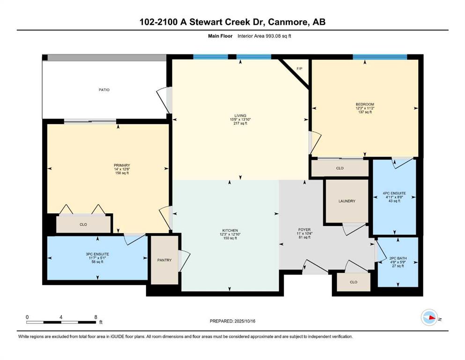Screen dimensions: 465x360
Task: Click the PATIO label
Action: coord(104,90)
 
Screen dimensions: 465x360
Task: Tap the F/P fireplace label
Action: coord(300,69)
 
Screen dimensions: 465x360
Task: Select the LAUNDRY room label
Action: coord(347,201)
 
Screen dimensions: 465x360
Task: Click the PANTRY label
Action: coord(164,260)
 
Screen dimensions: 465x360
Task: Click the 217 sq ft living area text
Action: coord(240,123)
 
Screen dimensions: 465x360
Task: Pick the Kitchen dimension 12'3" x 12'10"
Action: coord(230,234)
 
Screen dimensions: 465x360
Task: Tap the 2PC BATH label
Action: coord(398,258)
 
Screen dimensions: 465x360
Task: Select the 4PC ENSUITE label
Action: coord(394,193)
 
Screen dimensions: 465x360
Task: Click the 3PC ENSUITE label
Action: coord(97,255)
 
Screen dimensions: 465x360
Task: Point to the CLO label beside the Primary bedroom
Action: coord(83,225)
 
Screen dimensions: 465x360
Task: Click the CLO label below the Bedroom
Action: coord(340,168)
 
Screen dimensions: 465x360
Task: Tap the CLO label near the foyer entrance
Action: coord(354,282)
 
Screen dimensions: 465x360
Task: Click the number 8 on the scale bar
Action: coord(96,317)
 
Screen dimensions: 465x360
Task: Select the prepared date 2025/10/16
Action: coord(244,321)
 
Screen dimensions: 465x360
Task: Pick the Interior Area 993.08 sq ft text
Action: coord(264,36)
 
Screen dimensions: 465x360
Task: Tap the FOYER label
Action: coord(304,230)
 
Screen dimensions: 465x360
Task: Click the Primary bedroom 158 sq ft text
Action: coord(122,173)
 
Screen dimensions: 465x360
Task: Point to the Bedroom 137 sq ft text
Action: coord(365,112)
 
